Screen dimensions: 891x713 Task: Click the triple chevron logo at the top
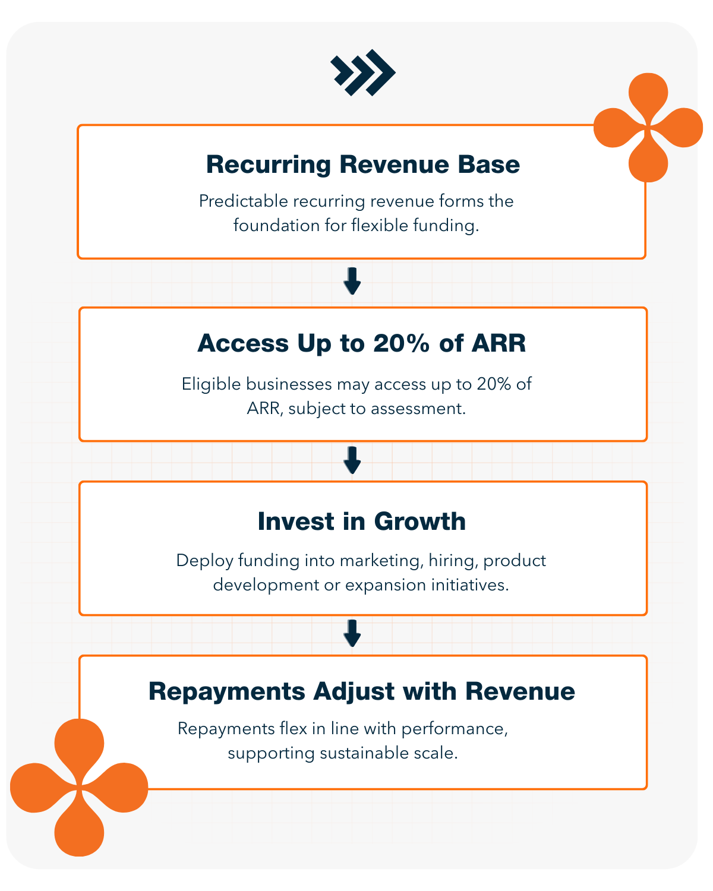click(363, 72)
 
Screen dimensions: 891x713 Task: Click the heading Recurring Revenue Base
click(362, 165)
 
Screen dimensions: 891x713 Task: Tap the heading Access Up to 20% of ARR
click(361, 343)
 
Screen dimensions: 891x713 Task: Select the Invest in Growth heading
click(361, 522)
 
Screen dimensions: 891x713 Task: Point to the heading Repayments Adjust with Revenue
click(361, 691)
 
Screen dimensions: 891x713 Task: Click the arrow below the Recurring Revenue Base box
click(352, 281)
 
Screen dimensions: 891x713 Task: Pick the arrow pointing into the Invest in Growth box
click(352, 460)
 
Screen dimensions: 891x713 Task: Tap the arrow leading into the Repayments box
click(352, 633)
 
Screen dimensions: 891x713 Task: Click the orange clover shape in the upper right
click(648, 127)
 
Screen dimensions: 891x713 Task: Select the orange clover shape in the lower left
click(79, 788)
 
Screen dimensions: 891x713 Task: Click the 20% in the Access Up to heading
click(401, 343)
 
